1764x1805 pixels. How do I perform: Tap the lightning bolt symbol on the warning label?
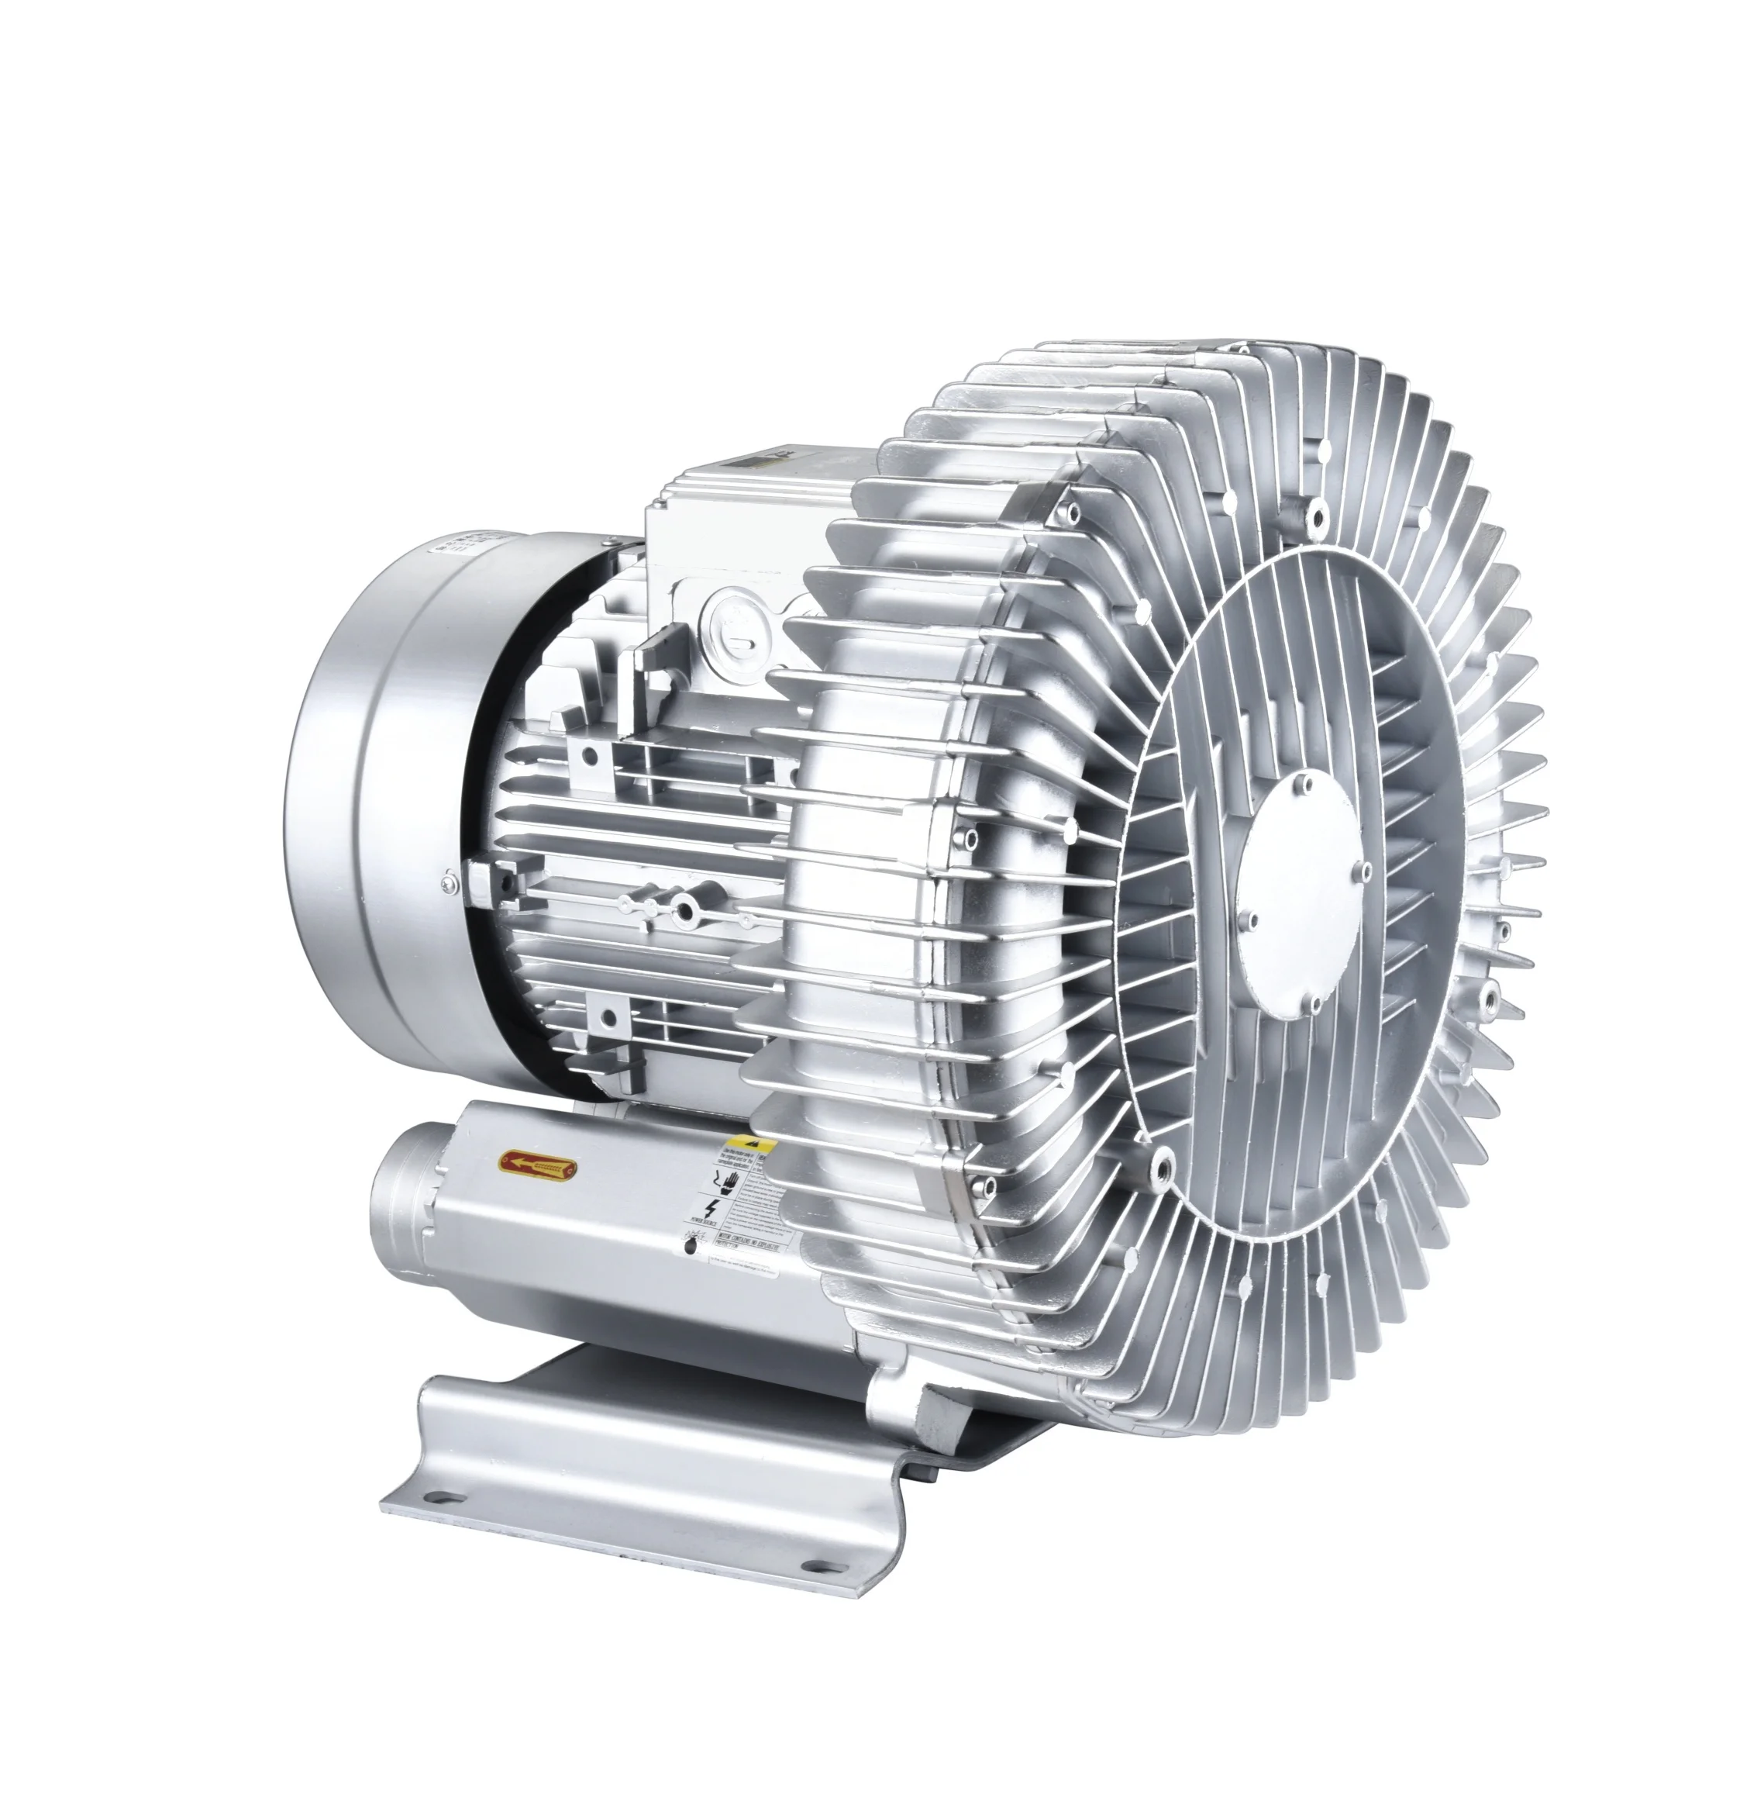[711, 1207]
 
